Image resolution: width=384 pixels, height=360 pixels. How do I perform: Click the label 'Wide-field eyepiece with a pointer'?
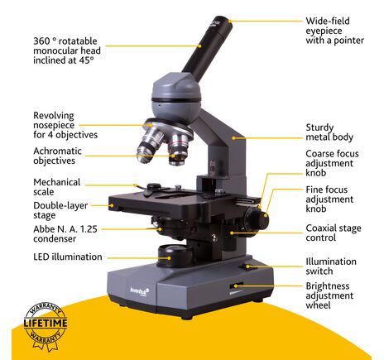334,31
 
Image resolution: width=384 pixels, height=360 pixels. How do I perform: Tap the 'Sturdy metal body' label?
329,132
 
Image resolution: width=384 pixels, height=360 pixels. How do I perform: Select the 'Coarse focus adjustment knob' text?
332,163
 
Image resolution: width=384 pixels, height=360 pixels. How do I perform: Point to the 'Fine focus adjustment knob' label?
329,199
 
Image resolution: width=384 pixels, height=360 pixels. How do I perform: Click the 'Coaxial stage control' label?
334,233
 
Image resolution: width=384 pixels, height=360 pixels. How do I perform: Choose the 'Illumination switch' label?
331,266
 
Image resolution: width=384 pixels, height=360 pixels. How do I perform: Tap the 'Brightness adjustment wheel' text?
329,295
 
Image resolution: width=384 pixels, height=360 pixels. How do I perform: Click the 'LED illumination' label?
68,257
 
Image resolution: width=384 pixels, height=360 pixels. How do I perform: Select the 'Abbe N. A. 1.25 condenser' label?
65,233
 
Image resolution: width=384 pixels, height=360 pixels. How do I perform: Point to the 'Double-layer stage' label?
60,210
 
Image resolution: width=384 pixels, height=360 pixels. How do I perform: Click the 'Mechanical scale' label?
57,187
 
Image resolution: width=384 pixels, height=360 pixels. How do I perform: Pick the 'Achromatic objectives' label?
57,156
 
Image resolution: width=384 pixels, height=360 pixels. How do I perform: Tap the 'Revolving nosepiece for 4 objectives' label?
65,125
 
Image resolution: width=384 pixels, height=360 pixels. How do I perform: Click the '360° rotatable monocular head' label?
67,50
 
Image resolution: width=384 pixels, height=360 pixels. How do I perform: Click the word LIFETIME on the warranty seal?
46,323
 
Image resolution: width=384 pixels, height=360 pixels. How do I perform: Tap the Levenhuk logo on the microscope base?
139,291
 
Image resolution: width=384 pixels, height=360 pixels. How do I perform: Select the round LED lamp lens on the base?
175,254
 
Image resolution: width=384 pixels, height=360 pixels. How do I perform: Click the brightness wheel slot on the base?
237,286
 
